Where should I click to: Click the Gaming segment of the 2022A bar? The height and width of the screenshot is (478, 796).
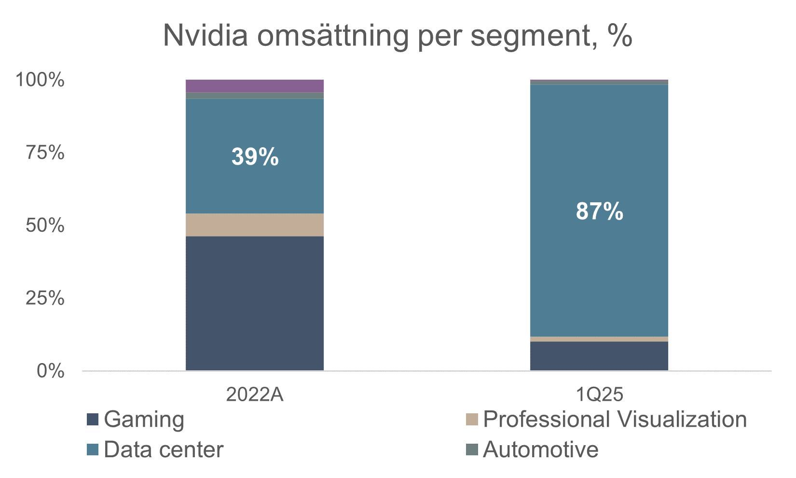[x=255, y=303]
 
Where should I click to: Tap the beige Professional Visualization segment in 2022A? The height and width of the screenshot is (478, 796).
[x=255, y=225]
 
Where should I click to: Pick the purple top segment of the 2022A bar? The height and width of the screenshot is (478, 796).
[x=255, y=86]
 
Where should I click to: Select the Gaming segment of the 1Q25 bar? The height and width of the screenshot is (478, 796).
[x=599, y=356]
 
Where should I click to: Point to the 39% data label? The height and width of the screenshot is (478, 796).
[x=255, y=157]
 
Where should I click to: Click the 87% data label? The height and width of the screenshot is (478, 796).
[x=599, y=212]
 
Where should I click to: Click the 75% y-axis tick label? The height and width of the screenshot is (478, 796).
[x=44, y=153]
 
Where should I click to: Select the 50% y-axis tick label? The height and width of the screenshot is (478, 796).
[x=44, y=225]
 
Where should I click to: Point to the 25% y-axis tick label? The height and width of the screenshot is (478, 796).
[x=44, y=298]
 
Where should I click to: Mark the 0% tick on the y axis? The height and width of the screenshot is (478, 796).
[x=50, y=371]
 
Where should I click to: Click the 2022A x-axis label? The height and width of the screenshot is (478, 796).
[x=255, y=395]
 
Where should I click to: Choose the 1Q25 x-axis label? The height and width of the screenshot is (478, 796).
[x=599, y=395]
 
